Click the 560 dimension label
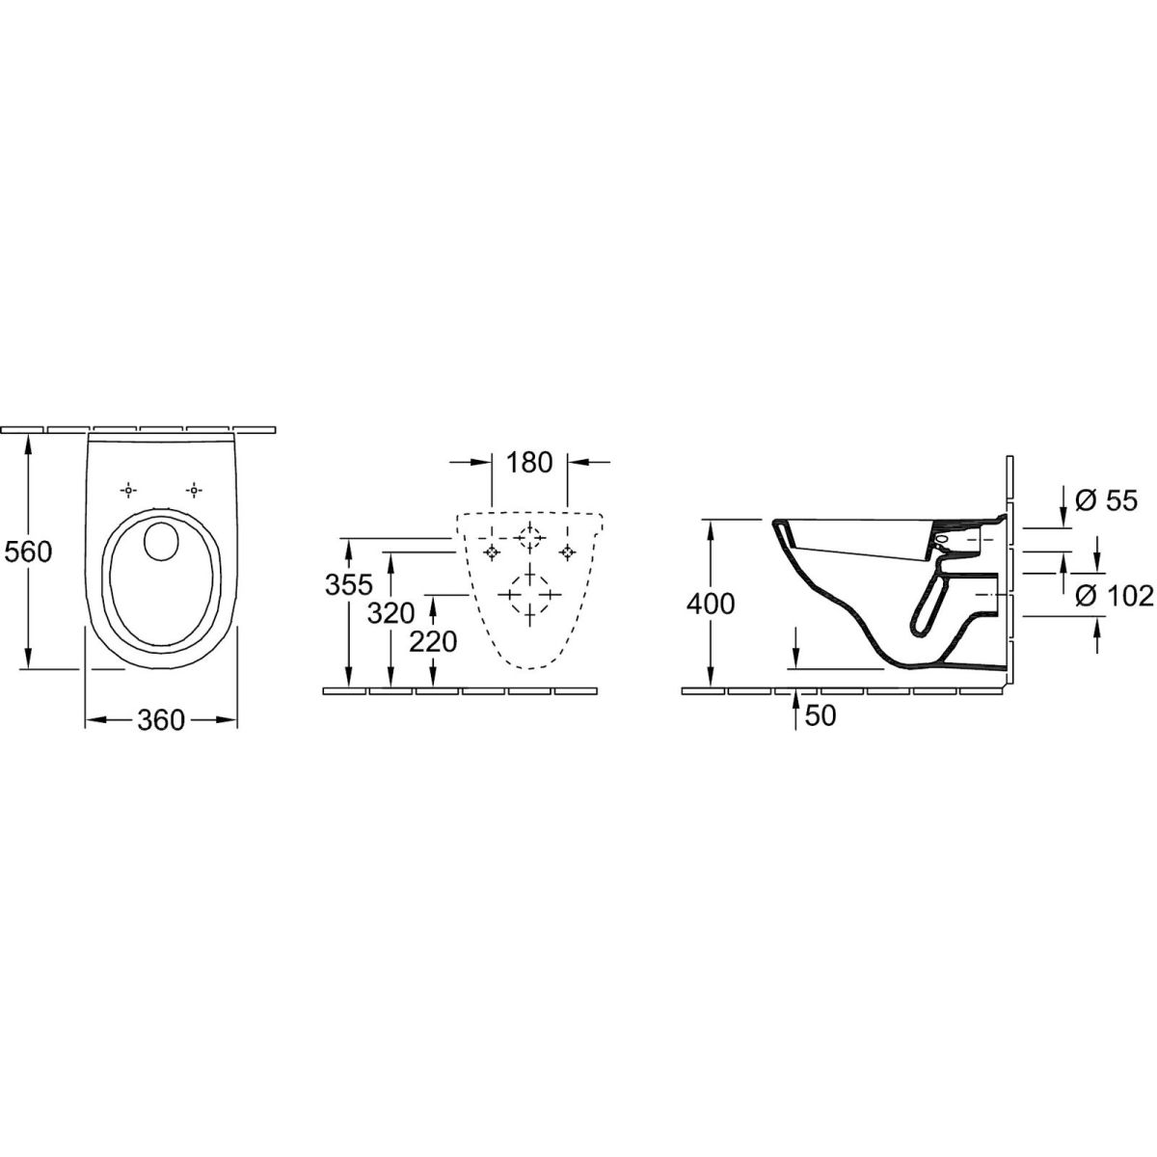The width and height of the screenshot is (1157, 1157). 28,552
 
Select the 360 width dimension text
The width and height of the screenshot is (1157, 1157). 161,720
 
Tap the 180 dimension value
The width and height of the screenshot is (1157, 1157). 529,463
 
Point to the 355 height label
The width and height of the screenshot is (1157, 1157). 349,584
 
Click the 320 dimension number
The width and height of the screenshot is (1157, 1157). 390,613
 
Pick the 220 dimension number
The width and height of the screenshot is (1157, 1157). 433,642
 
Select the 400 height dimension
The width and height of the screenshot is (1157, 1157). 711,604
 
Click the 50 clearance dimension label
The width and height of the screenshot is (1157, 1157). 821,715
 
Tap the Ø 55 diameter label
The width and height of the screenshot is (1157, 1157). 1106,500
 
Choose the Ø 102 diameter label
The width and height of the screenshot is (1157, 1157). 1115,596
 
